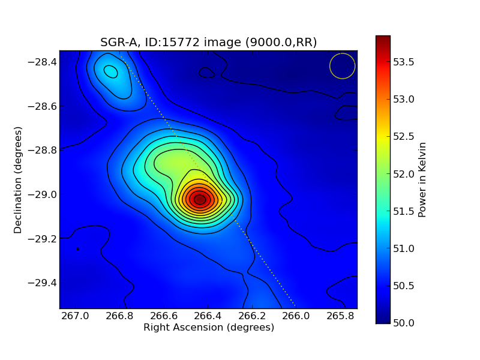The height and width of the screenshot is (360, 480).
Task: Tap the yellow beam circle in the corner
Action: point(343,66)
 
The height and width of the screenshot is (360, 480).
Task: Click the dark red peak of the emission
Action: point(200,199)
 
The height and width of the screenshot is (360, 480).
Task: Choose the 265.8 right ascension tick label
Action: point(340,316)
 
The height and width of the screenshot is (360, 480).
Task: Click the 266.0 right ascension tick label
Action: point(296,316)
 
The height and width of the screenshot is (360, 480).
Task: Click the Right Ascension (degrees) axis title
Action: point(208,328)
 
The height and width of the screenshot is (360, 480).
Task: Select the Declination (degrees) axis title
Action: point(18,180)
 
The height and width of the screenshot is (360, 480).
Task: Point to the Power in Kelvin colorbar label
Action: point(422,179)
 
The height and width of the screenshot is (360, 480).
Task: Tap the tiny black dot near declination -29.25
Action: point(77,248)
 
